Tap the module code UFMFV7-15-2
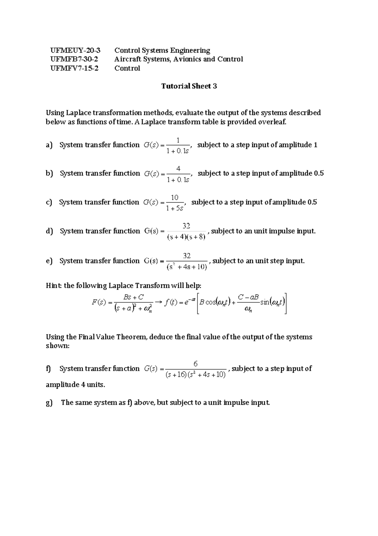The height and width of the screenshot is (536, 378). [x=74, y=68]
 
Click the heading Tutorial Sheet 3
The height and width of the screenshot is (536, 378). [x=189, y=86]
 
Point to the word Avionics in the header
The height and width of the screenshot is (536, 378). [x=186, y=59]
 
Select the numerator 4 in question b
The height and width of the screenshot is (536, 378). [x=178, y=169]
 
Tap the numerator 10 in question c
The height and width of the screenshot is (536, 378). [x=175, y=198]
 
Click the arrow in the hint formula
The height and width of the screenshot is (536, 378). [x=159, y=302]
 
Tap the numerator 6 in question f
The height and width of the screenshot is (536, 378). [x=196, y=364]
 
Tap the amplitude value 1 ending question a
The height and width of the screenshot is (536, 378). [x=315, y=145]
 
